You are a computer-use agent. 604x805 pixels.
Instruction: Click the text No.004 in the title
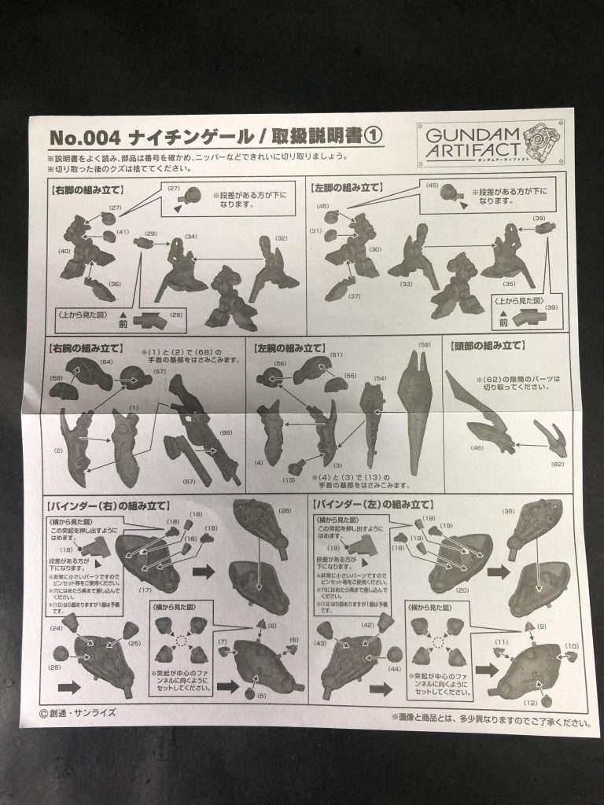pos(85,138)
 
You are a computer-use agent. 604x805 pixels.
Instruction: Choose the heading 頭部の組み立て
pos(488,346)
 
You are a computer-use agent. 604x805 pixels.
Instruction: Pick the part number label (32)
pos(281,239)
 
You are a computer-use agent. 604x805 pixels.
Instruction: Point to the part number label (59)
pos(425,345)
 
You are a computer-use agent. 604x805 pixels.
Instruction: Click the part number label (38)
pos(507,511)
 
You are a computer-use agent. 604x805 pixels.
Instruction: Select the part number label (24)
pos(57,628)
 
